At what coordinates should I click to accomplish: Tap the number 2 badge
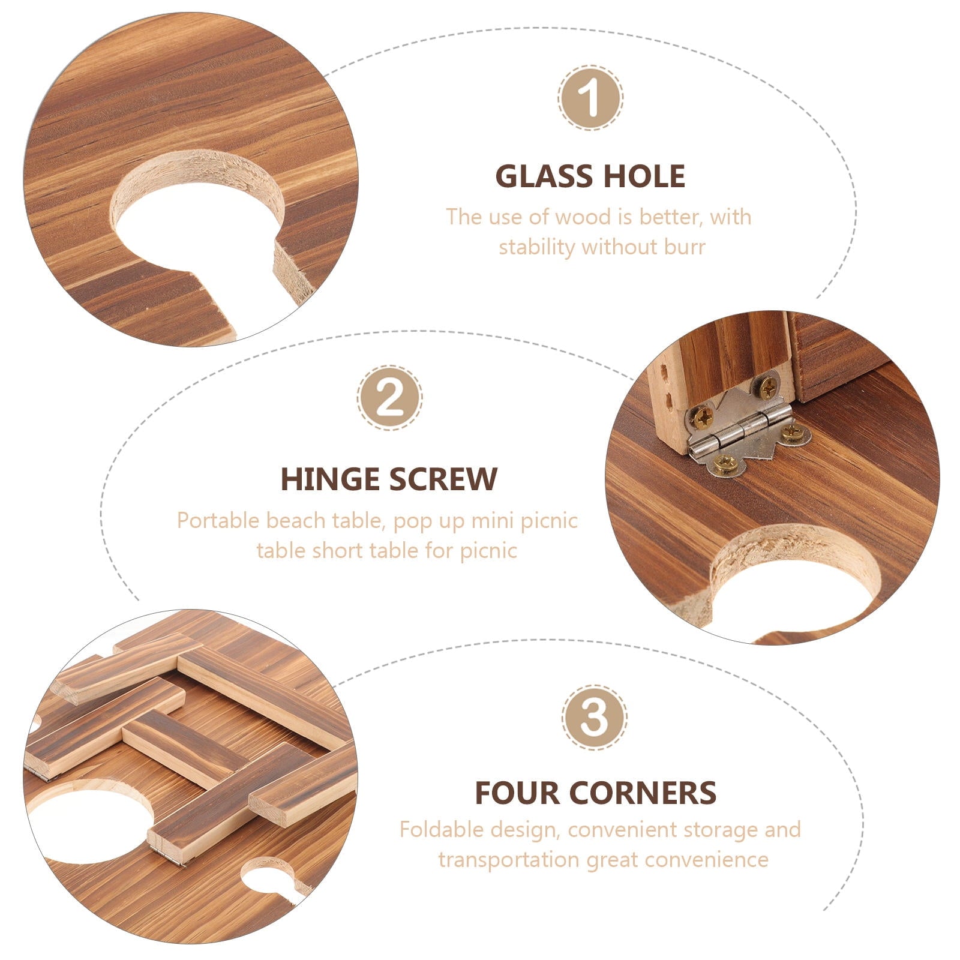[390, 398]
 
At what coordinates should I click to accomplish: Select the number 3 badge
[595, 717]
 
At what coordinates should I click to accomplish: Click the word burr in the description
[685, 247]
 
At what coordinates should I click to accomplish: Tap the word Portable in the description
[218, 520]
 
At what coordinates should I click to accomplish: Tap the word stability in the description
[537, 247]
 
